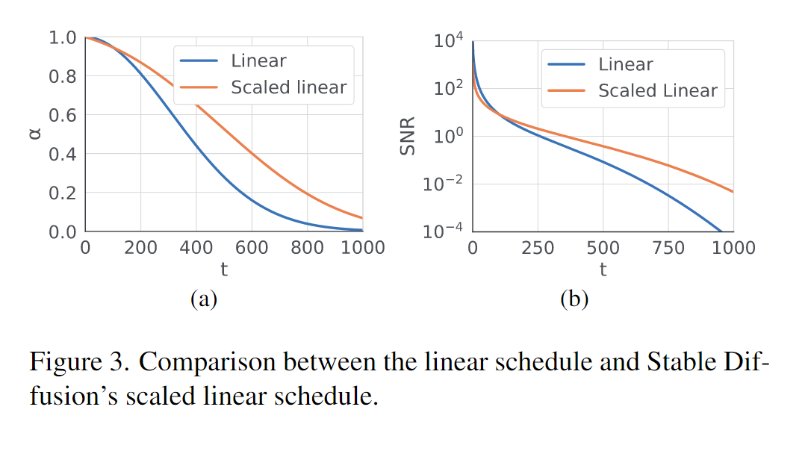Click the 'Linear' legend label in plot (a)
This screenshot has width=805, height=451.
[x=258, y=60]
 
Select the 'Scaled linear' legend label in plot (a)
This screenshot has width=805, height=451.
[x=288, y=87]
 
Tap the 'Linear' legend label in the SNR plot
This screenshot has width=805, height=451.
[x=625, y=64]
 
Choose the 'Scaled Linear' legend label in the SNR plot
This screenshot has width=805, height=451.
[x=657, y=91]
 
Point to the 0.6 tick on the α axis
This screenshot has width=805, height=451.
[x=63, y=116]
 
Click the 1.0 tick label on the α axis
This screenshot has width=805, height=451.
[x=63, y=37]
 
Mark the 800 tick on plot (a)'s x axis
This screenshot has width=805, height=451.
[x=308, y=248]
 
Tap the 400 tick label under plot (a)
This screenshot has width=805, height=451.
[x=196, y=248]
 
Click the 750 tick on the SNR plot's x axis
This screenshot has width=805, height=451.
[x=668, y=248]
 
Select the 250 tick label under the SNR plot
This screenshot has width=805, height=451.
[x=538, y=248]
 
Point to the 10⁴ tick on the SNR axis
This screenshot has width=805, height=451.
[x=448, y=40]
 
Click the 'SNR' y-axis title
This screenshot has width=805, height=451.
[x=407, y=136]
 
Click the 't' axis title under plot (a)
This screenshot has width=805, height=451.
[x=224, y=270]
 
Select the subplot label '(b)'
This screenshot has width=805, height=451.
[x=574, y=299]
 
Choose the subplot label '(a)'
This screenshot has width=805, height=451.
[x=204, y=299]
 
